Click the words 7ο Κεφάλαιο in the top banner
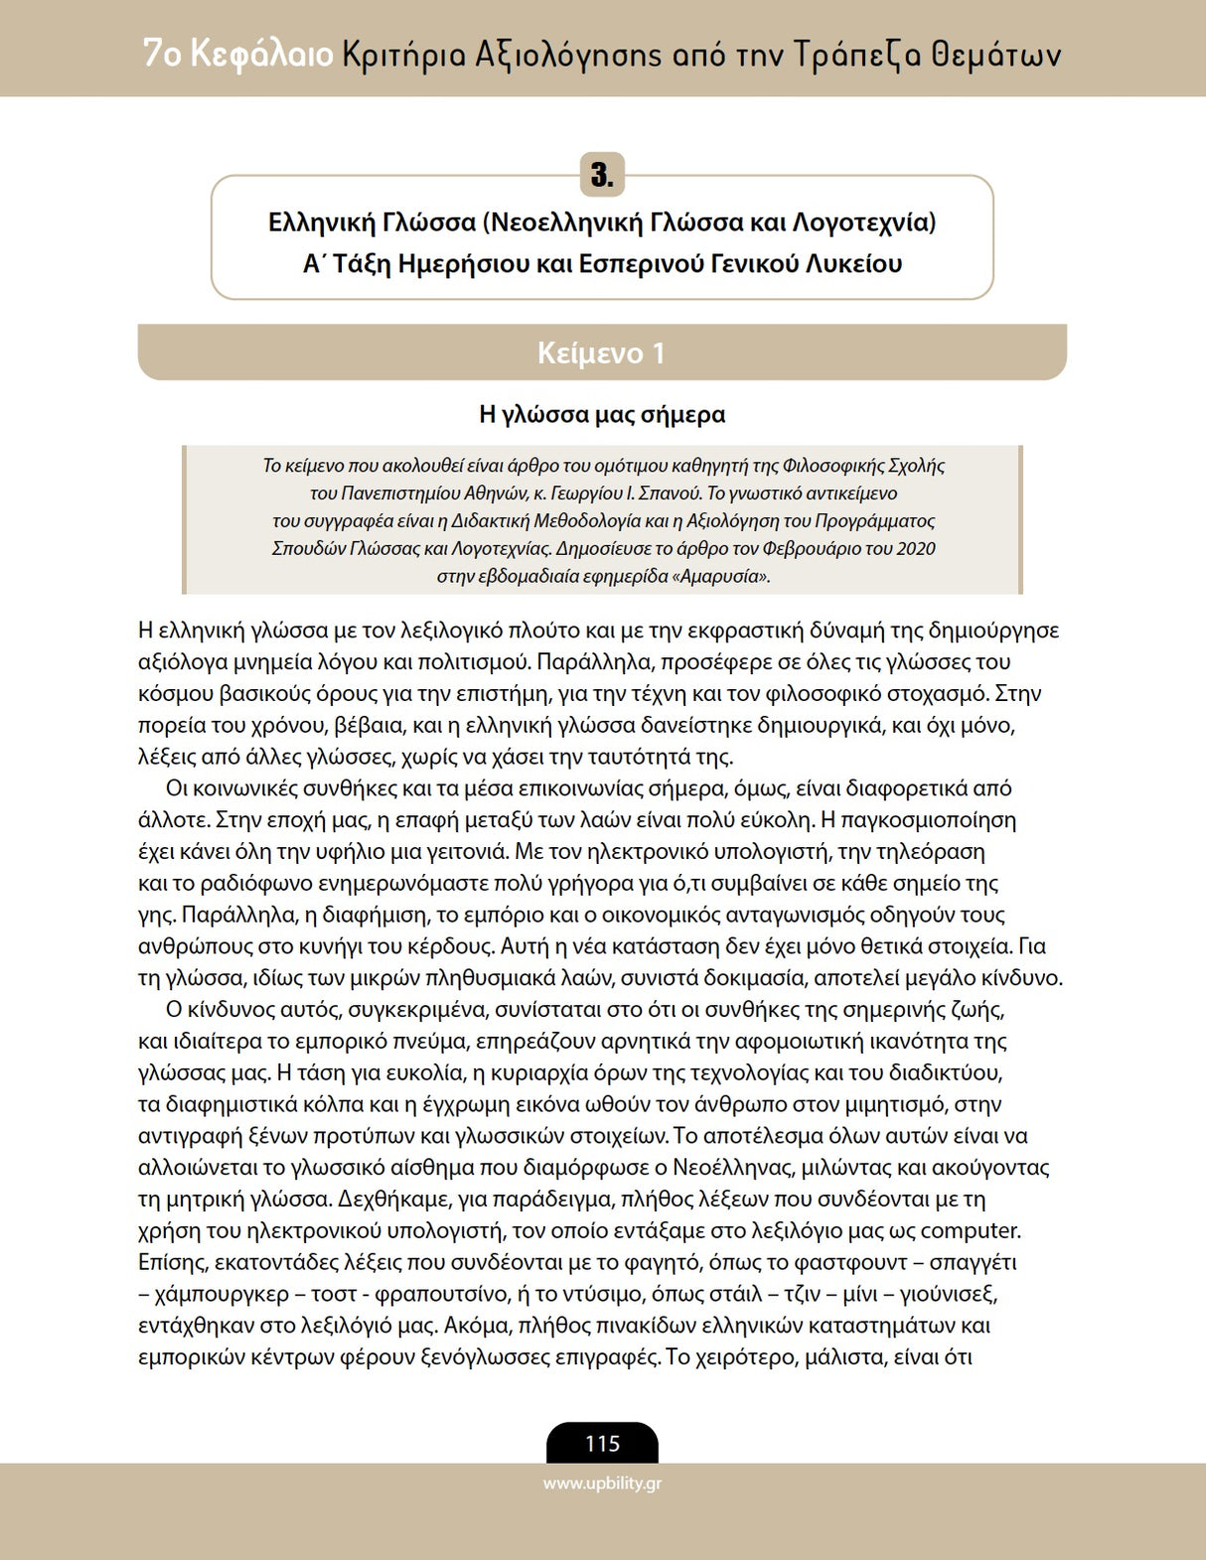pyautogui.click(x=237, y=54)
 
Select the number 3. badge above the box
pyautogui.click(x=602, y=176)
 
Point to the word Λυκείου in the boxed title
pyautogui.click(x=853, y=264)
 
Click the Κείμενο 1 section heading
pyautogui.click(x=601, y=353)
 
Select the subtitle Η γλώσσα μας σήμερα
pyautogui.click(x=602, y=414)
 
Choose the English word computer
pyautogui.click(x=971, y=1231)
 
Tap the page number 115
pyautogui.click(x=602, y=1444)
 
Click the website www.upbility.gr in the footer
pyautogui.click(x=602, y=1485)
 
